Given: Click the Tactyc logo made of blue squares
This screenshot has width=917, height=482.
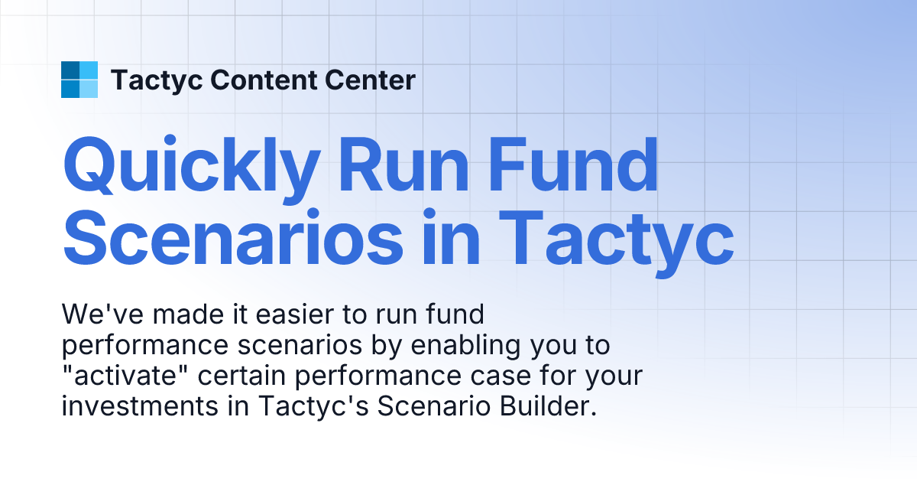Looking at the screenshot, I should (x=79, y=80).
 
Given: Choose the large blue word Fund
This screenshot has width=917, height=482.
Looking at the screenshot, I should (x=585, y=166).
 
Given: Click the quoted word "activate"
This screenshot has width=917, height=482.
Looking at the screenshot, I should (x=122, y=376).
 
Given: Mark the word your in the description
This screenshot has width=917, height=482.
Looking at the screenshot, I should (x=611, y=376).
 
